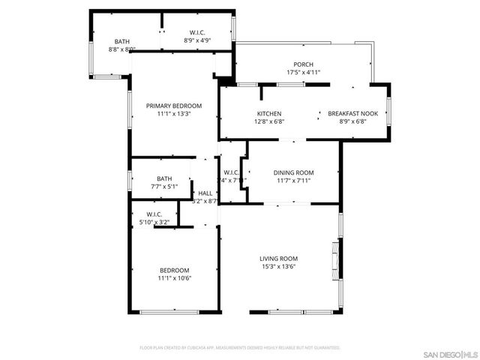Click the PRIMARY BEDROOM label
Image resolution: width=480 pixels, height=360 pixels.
click(174, 106)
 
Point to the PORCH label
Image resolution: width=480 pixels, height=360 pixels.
click(303, 64)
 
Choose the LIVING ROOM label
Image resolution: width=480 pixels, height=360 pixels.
click(278, 259)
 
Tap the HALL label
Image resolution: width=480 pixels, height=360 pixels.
click(205, 193)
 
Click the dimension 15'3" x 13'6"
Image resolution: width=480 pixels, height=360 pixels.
click(278, 267)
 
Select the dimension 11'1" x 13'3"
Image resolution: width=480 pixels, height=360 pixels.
click(174, 114)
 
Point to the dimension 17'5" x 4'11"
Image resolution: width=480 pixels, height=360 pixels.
click(303, 73)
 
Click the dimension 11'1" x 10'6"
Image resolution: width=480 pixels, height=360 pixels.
click(174, 278)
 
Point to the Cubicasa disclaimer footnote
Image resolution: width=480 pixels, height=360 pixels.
click(240, 348)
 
